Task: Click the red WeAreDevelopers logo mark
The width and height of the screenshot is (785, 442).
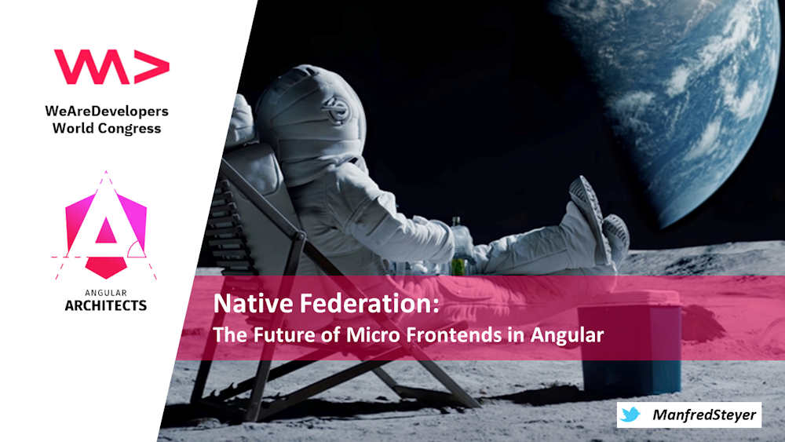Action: point(111,68)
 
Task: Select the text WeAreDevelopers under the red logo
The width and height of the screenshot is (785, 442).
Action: point(107,111)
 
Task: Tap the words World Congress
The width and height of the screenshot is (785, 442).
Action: point(107,127)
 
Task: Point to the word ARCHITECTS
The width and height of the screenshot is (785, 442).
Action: point(106,305)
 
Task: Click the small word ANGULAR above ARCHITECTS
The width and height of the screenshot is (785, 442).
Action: point(106,292)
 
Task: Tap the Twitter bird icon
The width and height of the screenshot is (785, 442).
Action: point(630,415)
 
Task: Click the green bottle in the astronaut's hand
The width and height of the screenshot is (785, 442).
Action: point(458,250)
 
